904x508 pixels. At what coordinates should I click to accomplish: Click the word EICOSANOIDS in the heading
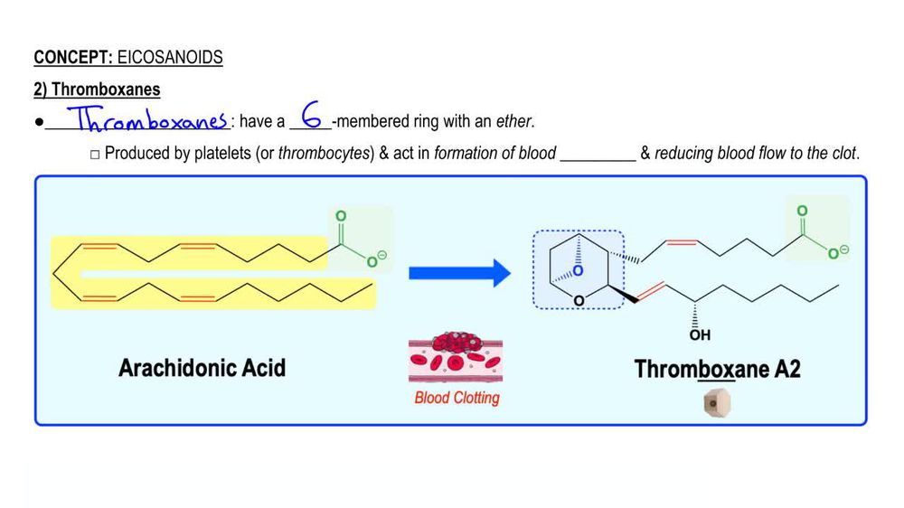pos(170,58)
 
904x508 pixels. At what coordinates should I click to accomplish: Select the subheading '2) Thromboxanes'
pos(97,89)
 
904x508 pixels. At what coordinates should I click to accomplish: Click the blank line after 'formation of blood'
pos(598,155)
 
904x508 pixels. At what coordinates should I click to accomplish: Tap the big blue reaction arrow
pos(459,272)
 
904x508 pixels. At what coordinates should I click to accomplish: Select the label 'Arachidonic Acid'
pos(202,368)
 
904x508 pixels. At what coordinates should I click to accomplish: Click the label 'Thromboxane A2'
pos(717,369)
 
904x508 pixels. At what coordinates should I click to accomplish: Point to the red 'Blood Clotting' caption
pos(457,398)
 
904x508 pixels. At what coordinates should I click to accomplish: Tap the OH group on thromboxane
pos(700,335)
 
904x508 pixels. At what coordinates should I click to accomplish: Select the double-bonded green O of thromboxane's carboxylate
pos(802,211)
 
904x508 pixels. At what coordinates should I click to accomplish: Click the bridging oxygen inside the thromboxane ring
pos(579,270)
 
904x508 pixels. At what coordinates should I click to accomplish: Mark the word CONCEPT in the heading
pos(72,58)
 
